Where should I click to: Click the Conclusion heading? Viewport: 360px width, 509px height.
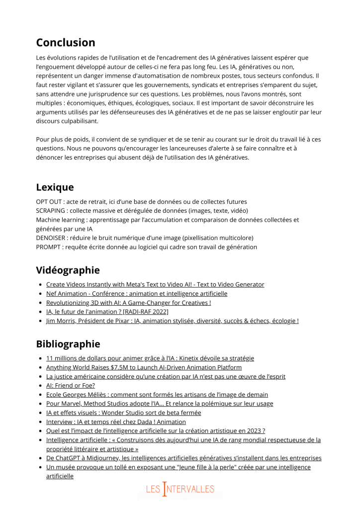point(65,43)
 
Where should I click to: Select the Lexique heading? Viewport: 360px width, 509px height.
point(55,187)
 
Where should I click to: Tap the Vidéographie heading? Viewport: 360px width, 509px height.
point(68,270)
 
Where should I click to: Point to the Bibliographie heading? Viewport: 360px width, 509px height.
point(68,344)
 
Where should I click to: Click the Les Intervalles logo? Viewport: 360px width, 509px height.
point(180,489)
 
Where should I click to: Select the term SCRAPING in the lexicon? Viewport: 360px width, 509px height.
point(51,210)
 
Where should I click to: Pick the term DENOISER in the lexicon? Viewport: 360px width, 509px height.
point(52,238)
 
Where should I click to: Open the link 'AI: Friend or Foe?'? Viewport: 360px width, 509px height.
point(70,385)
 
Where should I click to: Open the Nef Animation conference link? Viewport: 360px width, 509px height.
point(136,294)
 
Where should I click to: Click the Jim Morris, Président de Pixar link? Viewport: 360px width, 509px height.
point(172,321)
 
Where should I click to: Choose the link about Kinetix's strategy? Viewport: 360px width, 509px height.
point(150,358)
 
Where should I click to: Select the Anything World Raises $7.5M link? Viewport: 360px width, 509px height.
point(144,367)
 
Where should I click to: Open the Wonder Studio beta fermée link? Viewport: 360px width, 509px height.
point(123,413)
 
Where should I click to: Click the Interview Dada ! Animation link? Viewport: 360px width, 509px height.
point(115,422)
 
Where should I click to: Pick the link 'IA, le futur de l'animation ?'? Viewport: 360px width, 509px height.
point(107,312)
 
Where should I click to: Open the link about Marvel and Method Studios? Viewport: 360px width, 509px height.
point(159,404)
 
